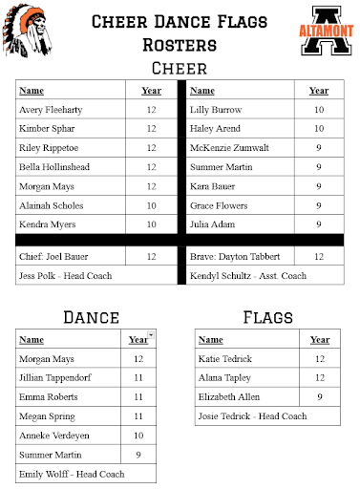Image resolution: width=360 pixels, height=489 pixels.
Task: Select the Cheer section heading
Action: (180, 68)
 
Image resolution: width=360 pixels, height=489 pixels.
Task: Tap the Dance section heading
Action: (91, 317)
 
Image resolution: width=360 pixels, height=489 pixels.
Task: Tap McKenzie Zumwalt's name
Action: (229, 148)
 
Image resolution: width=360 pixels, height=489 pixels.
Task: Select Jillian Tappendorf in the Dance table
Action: (60, 377)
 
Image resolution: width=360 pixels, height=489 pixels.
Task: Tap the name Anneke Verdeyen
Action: (55, 435)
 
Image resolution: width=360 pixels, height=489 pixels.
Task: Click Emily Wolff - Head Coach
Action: (73, 473)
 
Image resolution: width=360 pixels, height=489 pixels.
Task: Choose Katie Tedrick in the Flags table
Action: (225, 358)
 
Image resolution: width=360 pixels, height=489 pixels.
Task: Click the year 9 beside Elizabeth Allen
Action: (319, 396)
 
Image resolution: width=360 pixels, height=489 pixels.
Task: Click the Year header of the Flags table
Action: (319, 339)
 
